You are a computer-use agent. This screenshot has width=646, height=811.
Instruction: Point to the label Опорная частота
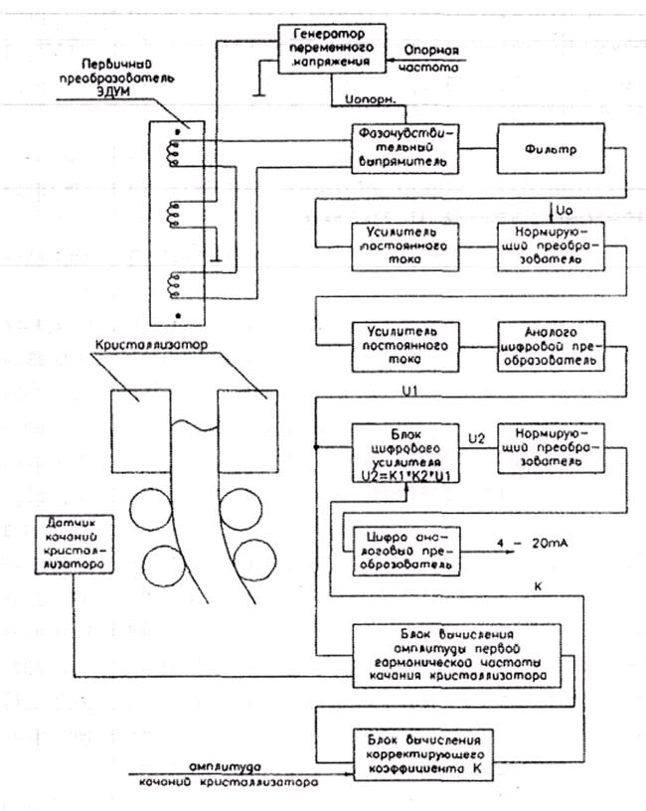click(430, 61)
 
